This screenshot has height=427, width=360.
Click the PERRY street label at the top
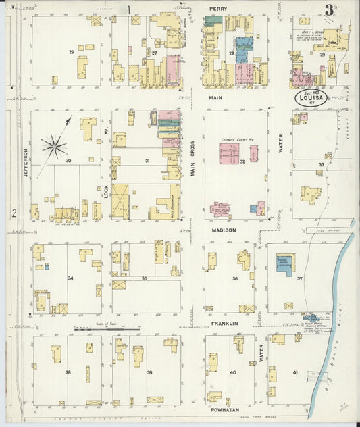(217, 9)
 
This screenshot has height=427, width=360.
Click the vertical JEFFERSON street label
(26, 163)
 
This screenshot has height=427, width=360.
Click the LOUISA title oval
(311, 97)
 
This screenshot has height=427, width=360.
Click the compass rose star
(54, 145)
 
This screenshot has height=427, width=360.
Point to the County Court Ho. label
(232, 141)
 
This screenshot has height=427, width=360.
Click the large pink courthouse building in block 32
(228, 153)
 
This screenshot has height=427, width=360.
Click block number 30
(68, 161)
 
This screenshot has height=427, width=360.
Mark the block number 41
(295, 372)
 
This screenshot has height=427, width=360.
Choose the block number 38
(68, 372)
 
